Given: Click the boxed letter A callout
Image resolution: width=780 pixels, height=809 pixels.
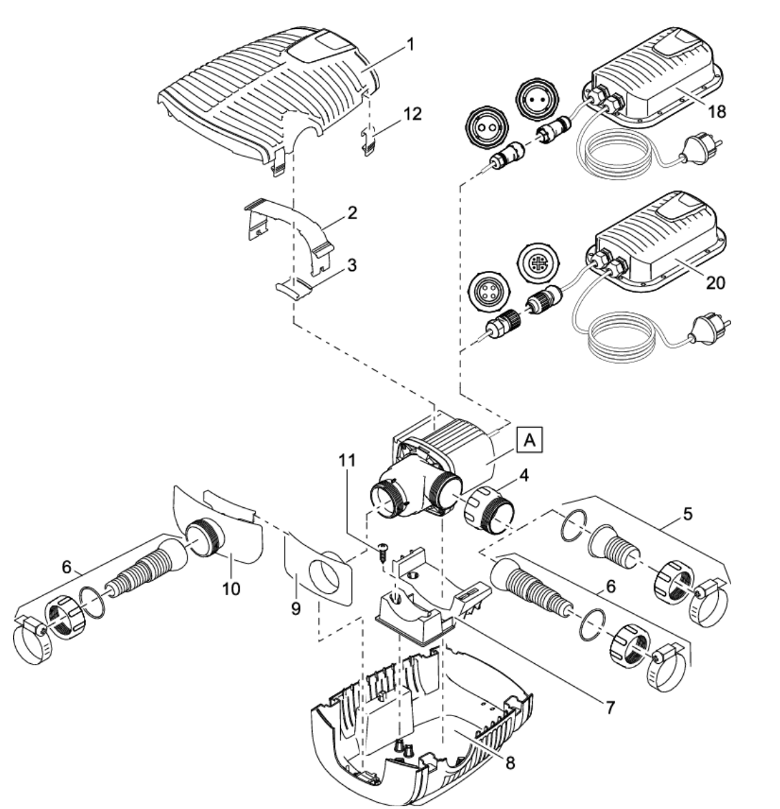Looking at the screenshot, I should pos(527,439).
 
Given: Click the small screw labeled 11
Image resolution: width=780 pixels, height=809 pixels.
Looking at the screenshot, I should pos(381,551).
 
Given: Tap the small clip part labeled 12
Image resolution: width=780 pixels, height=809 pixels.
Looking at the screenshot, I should pos(371,137).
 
